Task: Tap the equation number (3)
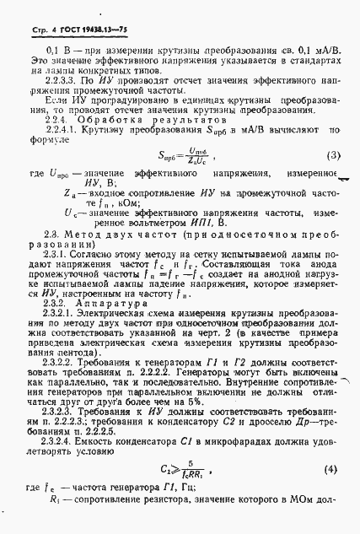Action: pos(334,156)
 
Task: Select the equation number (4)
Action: pos(335,468)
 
